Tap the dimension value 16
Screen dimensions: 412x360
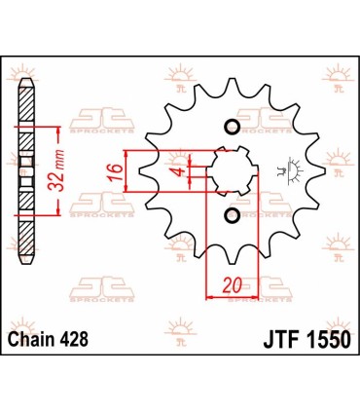coord(114,172)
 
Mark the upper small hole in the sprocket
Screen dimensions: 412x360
coord(232,128)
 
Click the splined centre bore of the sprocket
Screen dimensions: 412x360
coord(232,171)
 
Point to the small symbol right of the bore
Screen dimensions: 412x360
coord(284,172)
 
